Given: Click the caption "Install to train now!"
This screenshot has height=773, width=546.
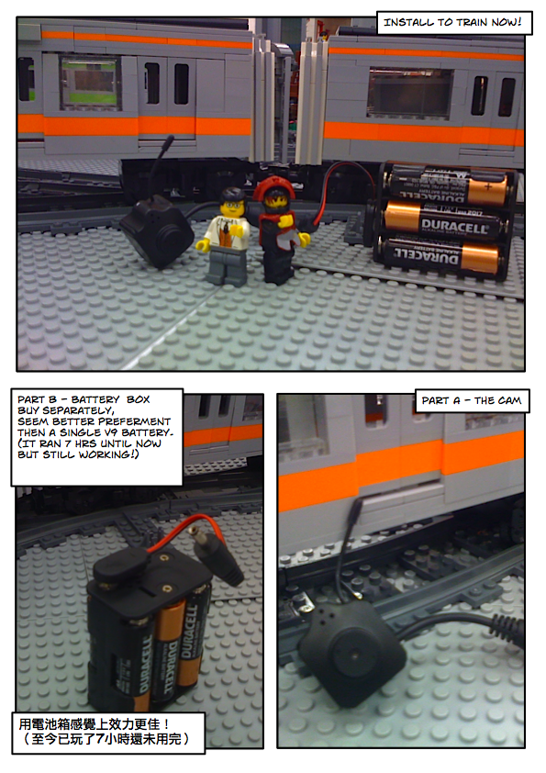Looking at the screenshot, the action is [x=452, y=22].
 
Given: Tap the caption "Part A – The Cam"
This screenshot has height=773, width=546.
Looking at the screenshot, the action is [x=471, y=400].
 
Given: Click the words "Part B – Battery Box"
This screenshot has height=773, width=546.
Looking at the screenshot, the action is [x=84, y=399].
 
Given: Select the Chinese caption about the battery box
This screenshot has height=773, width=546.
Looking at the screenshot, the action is [x=105, y=732].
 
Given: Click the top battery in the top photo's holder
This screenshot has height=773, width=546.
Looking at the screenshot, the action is [x=449, y=185].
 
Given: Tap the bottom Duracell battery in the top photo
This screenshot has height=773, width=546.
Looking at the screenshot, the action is [x=440, y=256].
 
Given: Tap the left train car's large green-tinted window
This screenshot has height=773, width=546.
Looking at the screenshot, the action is [x=89, y=83].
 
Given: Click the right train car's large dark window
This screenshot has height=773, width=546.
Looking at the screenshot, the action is [x=410, y=93].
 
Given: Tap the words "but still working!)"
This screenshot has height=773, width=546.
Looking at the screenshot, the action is [x=78, y=454].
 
